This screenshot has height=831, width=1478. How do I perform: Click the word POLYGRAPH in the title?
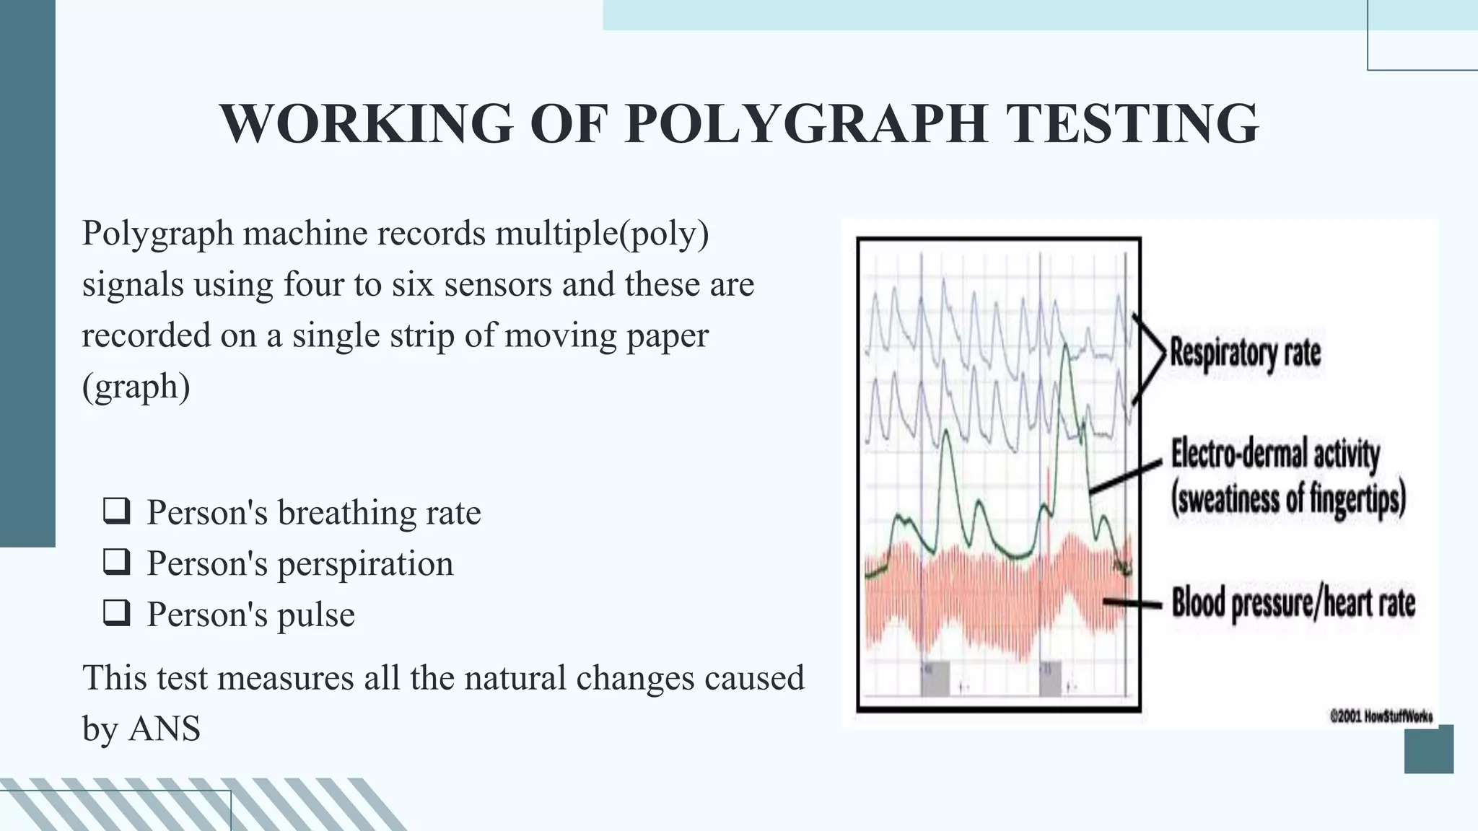coord(806,123)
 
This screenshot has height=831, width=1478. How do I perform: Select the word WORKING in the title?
coord(367,123)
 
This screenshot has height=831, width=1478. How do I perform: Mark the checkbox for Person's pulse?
coord(116,613)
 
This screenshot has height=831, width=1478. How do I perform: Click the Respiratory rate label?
coord(1245,353)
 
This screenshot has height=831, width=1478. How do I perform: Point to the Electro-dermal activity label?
coord(1275,454)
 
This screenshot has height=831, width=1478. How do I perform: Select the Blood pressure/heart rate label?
coord(1293,603)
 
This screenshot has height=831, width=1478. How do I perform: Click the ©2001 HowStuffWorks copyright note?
coord(1381,716)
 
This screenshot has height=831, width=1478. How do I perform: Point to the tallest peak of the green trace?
coord(1065,348)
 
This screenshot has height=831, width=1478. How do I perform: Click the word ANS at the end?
coord(165,729)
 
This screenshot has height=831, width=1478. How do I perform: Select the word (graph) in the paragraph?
coord(136,387)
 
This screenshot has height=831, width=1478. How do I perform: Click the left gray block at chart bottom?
coord(935,678)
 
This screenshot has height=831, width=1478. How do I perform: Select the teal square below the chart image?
coord(1428,749)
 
